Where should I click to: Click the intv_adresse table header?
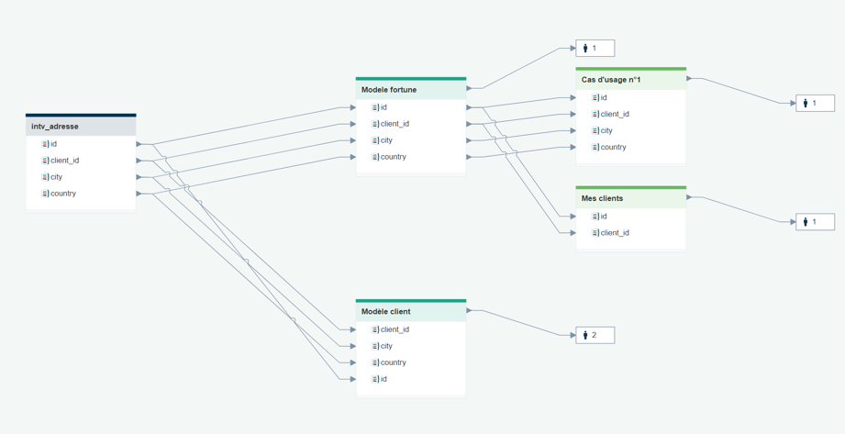(x=81, y=127)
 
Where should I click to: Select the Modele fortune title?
(x=389, y=90)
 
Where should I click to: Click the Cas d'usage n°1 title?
(x=611, y=80)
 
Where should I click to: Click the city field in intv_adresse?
(x=56, y=177)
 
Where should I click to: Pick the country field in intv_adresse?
(x=63, y=194)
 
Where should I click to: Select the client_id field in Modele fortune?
(x=395, y=124)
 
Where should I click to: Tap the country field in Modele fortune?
(x=393, y=157)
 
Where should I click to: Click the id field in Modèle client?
(x=384, y=379)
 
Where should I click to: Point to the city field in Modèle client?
(x=386, y=346)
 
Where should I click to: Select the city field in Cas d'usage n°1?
(x=606, y=130)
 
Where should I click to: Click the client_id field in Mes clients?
(x=615, y=233)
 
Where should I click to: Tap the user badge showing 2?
(x=595, y=335)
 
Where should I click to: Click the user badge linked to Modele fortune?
(x=595, y=48)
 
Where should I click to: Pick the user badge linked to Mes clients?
(x=815, y=221)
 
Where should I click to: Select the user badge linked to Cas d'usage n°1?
(x=815, y=103)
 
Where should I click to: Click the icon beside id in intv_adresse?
(x=45, y=144)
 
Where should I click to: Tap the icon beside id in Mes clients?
(x=595, y=217)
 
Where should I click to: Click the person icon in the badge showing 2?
(x=585, y=335)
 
